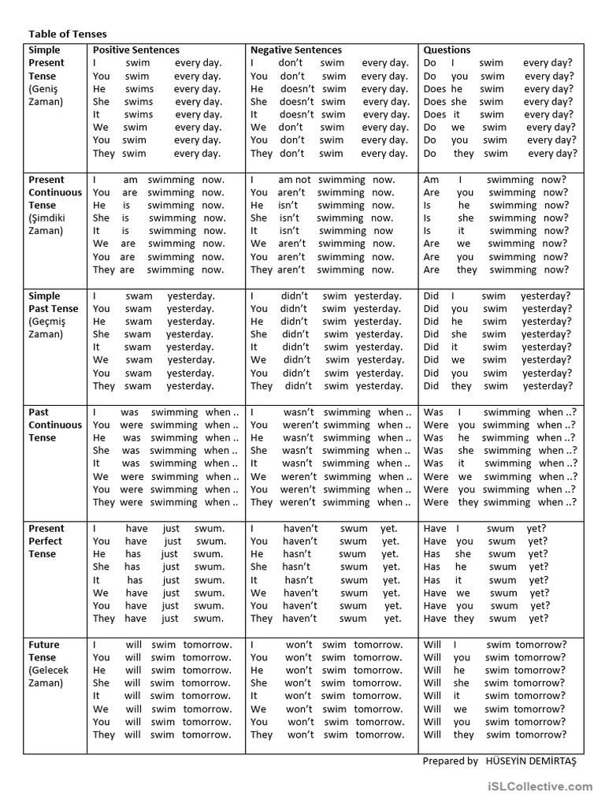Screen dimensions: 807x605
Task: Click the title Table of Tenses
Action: [x=68, y=34]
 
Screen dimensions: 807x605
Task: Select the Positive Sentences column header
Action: [x=135, y=50]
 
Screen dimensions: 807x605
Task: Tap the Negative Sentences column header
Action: [x=295, y=50]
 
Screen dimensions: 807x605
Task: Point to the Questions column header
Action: [x=447, y=50]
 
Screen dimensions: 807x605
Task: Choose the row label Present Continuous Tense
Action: [x=55, y=192]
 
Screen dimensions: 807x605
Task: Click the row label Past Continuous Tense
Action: [x=55, y=424]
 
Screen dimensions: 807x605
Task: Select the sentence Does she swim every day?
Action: [x=499, y=102]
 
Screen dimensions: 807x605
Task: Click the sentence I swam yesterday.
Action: [x=154, y=296]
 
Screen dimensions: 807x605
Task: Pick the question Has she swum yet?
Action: [x=485, y=554]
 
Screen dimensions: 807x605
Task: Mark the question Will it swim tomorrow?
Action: [x=494, y=696]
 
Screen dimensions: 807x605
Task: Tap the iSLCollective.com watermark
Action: [x=540, y=787]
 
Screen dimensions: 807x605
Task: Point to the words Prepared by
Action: [x=450, y=761]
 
